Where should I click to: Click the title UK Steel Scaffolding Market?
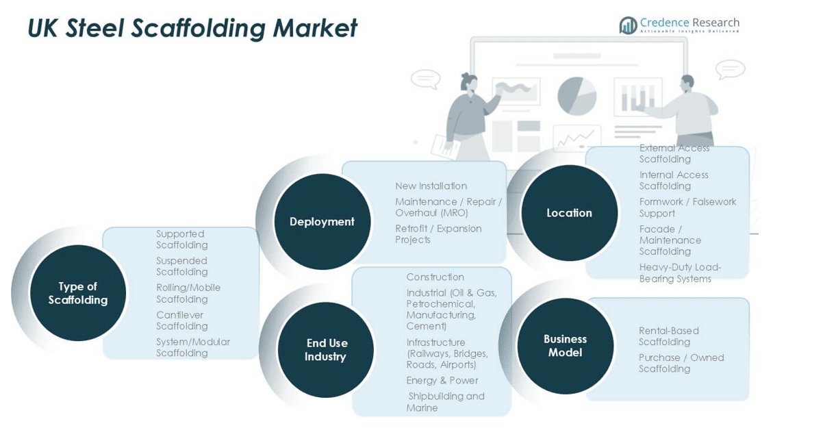[192, 28]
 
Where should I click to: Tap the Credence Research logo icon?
[628, 26]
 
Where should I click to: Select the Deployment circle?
[322, 221]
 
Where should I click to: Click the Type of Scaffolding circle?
[78, 293]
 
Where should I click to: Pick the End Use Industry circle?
[325, 349]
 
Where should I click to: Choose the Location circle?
[569, 213]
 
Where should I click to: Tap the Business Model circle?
[565, 346]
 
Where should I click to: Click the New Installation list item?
[431, 186]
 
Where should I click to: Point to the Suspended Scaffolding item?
[181, 266]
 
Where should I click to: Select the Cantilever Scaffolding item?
[181, 320]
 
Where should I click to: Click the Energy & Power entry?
[442, 381]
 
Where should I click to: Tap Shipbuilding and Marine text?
[446, 402]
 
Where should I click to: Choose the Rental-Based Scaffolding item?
[668, 336]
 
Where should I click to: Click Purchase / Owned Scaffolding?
[681, 363]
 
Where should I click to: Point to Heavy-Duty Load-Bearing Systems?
[680, 273]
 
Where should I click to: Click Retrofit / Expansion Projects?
[438, 234]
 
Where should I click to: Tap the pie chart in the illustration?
[577, 96]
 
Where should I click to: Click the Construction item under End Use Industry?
[435, 277]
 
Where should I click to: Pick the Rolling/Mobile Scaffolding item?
[188, 293]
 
